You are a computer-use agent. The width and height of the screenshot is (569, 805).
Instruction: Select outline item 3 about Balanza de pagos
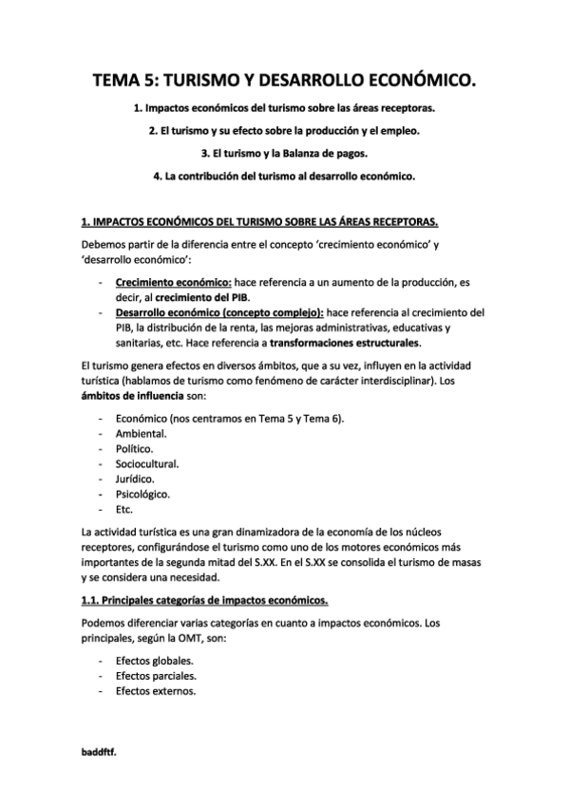[x=284, y=153]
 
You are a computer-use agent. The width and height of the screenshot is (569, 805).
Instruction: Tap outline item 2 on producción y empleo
[x=284, y=130]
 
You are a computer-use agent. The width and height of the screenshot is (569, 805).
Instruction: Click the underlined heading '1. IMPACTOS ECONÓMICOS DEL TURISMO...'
[x=260, y=222]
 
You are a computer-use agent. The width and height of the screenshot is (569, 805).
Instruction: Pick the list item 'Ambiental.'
[x=141, y=433]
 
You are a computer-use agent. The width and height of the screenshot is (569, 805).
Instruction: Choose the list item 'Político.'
[x=135, y=448]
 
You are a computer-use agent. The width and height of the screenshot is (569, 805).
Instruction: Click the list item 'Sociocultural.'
[x=146, y=463]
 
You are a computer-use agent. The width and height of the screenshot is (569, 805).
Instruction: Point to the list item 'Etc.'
[x=124, y=510]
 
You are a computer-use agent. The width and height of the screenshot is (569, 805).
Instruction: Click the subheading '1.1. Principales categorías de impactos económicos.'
[x=206, y=600]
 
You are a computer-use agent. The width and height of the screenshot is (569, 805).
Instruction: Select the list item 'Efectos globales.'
[x=155, y=660]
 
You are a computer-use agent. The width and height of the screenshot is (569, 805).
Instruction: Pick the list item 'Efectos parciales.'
[x=156, y=676]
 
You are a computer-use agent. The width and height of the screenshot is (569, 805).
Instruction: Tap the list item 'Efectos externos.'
[x=155, y=691]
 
